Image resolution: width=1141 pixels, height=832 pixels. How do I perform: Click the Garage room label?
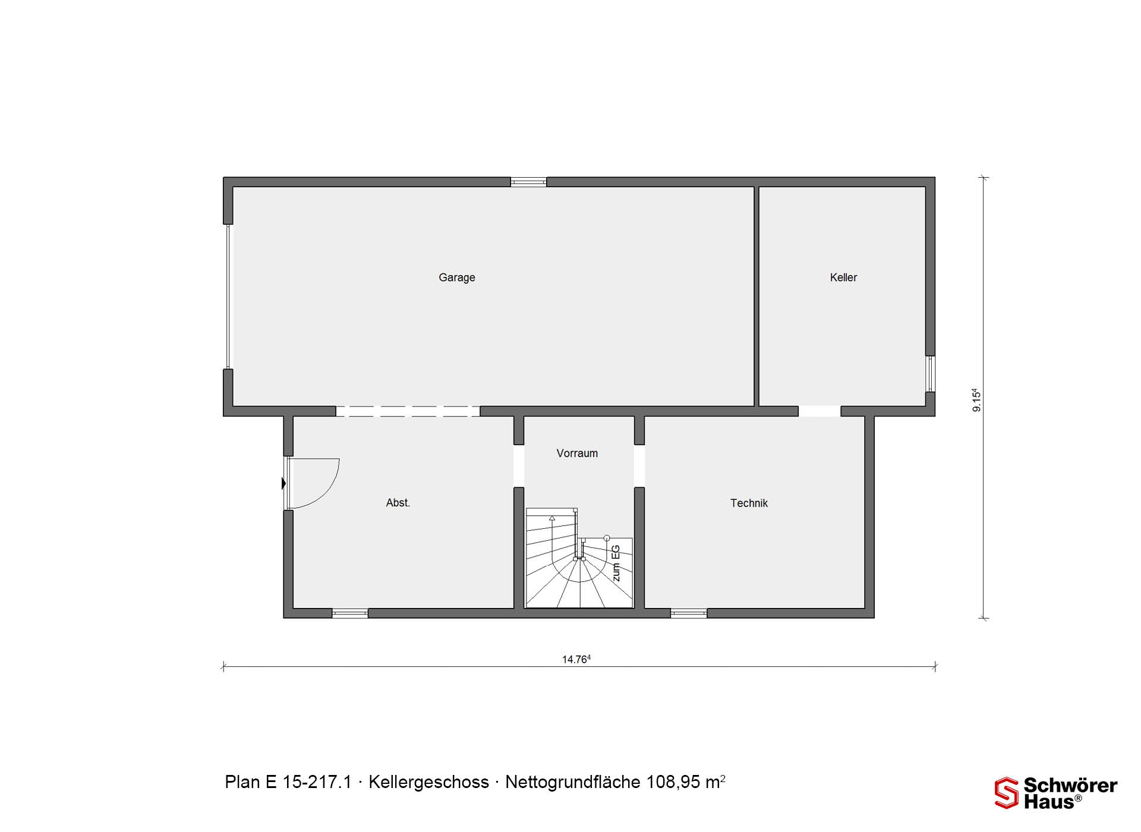point(456,278)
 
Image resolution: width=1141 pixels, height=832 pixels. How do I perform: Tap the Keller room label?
point(843,278)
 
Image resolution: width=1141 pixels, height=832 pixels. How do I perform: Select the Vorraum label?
point(577,453)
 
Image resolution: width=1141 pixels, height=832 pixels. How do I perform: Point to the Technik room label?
point(749,503)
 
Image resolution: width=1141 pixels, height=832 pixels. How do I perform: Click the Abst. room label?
point(398,503)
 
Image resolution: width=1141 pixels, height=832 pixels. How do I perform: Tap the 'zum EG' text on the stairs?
point(616,563)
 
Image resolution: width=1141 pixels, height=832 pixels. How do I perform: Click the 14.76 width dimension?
point(576,659)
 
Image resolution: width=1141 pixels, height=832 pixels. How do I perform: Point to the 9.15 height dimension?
point(976,400)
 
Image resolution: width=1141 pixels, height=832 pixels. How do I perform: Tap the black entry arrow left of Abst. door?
point(283,484)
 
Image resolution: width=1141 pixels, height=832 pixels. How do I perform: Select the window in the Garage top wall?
point(528,182)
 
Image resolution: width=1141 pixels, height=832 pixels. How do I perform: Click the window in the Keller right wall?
point(930,374)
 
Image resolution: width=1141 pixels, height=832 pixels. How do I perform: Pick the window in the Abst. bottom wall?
point(349,613)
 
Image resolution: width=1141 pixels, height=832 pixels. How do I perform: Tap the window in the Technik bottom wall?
point(689,613)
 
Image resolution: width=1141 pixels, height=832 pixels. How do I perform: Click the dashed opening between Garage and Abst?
point(408,411)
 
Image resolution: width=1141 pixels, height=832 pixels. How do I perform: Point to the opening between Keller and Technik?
point(819,411)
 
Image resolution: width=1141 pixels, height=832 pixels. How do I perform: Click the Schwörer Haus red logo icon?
point(1006,793)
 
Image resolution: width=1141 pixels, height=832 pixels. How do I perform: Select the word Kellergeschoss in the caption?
point(428,782)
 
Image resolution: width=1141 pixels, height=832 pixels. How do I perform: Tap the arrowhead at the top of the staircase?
point(552,518)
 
